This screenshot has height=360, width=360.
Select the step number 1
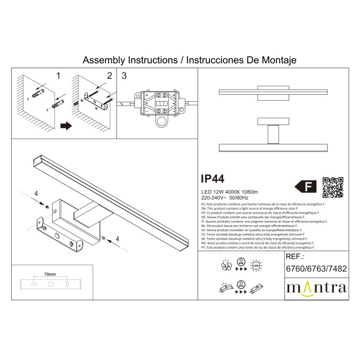pyautogui.click(x=59, y=76)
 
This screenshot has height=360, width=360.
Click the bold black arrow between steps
pyautogui.click(x=66, y=126)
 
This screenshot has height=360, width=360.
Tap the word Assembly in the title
pyautogui.click(x=99, y=61)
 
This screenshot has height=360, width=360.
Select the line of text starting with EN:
pyautogui.click(x=258, y=208)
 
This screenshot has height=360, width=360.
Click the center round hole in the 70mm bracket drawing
pyautogui.click(x=51, y=285)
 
